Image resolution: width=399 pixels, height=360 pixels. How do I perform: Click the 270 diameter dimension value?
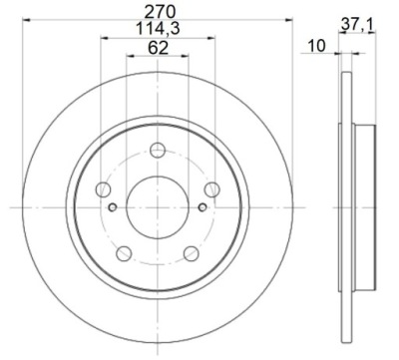pos(160,12)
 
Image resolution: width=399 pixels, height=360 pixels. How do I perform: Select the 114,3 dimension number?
pos(158,28)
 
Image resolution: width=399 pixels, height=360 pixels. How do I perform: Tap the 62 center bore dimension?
pos(158,48)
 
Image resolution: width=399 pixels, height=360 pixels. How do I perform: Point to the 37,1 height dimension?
pos(357,25)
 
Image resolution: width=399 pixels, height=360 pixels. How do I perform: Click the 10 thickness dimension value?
pos(316,46)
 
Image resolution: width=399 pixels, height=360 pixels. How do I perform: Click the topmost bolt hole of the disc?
pos(158,150)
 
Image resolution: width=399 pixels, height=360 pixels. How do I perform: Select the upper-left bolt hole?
pos(103,189)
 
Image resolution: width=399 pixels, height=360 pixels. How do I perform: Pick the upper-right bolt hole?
pos(211,189)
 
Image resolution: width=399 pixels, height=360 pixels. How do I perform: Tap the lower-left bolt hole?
pos(124,253)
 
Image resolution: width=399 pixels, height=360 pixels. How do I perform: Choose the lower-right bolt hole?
pos(192,253)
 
